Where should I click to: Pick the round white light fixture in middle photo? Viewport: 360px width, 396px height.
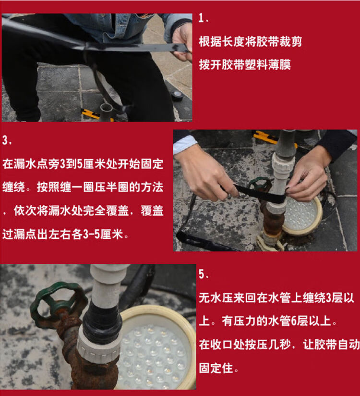pos(302,214)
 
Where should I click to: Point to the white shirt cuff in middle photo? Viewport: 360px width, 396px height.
pos(185,143)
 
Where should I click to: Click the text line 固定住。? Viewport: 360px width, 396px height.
pos(219,370)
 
